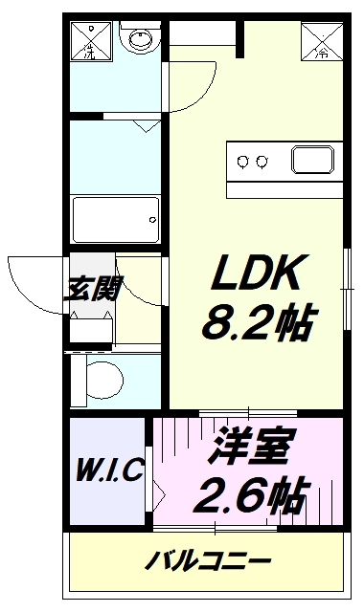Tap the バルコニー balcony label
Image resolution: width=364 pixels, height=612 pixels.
point(208,561)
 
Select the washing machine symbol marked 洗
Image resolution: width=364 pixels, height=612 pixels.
point(92,41)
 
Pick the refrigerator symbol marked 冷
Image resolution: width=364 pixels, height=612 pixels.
point(322,41)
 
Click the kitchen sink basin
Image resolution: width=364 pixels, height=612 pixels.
point(312,160)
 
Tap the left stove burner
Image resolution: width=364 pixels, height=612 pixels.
point(243,161)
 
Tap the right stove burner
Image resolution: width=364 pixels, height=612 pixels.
point(262,161)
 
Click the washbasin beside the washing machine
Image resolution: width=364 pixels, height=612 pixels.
point(141,37)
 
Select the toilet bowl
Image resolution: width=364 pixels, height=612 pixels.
point(103,380)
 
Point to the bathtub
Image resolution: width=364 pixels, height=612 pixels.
point(116,220)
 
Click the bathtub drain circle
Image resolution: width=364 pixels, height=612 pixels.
point(153,220)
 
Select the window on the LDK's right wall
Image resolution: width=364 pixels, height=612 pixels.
point(347,289)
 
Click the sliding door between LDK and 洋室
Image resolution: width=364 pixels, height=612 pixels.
point(248,413)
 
